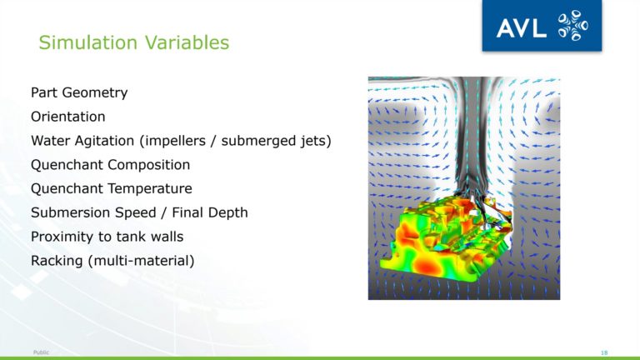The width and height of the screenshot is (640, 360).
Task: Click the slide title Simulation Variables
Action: pyautogui.click(x=134, y=42)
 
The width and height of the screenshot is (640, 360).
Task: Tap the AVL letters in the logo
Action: pyautogui.click(x=521, y=28)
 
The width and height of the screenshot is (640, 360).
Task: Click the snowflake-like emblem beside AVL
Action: pyautogui.click(x=573, y=26)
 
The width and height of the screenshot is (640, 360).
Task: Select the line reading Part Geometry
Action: pyautogui.click(x=79, y=93)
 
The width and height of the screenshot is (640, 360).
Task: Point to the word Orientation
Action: pyautogui.click(x=68, y=117)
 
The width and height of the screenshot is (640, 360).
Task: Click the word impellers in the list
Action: pyautogui.click(x=176, y=141)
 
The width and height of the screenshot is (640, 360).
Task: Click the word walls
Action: pyautogui.click(x=167, y=237)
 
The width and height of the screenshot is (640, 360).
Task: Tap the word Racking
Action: pyautogui.click(x=57, y=261)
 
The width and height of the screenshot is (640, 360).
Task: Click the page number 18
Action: pyautogui.click(x=604, y=352)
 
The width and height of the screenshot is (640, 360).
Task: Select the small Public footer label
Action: pyautogui.click(x=41, y=352)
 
